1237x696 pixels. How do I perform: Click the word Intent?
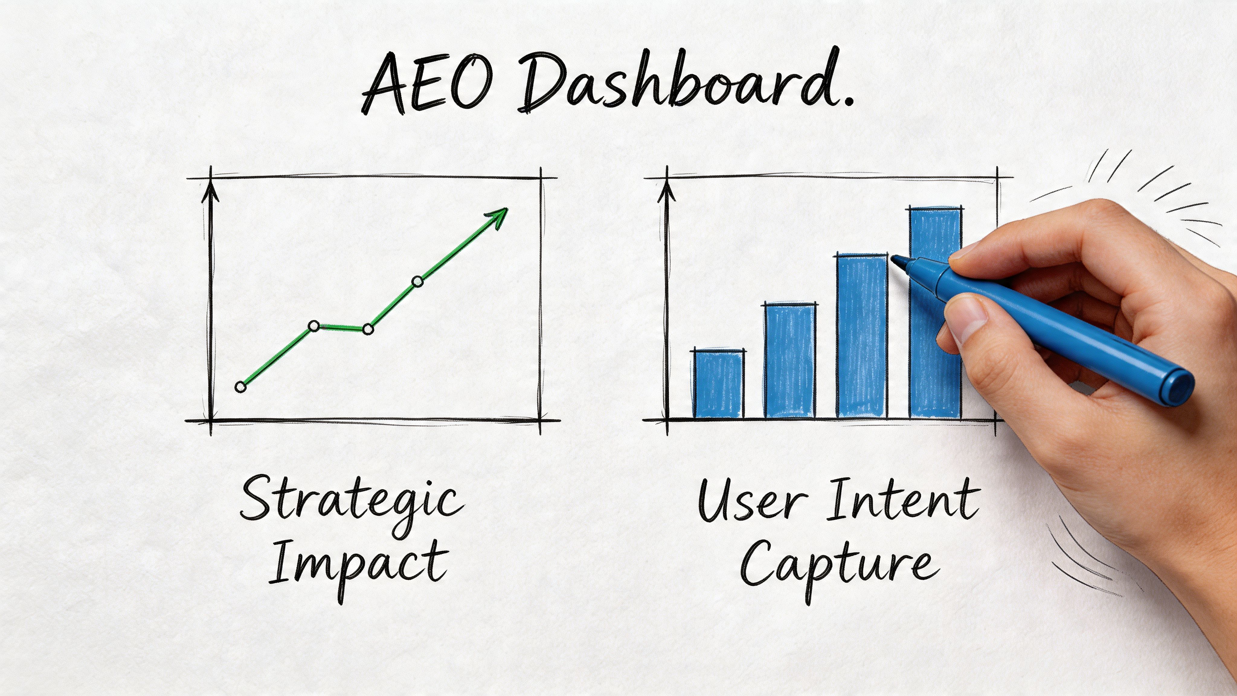(903, 500)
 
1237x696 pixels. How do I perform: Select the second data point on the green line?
(313, 327)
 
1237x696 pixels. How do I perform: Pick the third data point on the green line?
(368, 329)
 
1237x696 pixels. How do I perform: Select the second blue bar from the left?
(790, 360)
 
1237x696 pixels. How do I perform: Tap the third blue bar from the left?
(862, 336)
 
